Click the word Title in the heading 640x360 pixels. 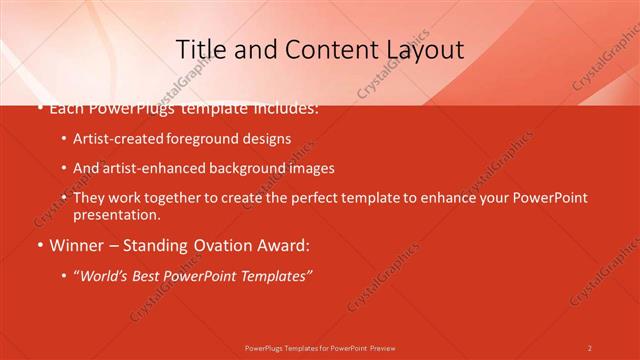(199, 49)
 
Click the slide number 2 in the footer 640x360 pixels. (590, 348)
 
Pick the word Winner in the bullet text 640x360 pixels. (75, 245)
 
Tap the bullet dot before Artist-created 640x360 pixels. (64, 140)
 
